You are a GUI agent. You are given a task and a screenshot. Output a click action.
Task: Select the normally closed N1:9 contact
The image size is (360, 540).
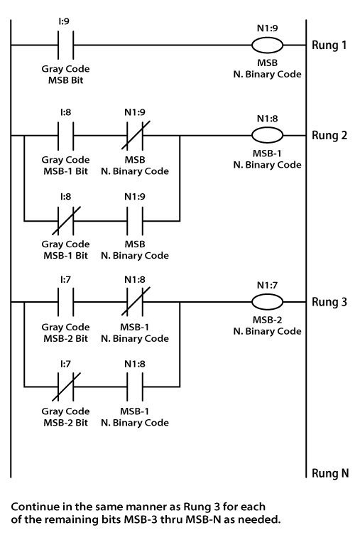point(135,134)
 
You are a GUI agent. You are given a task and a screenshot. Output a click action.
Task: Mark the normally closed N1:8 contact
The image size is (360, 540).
point(135,301)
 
